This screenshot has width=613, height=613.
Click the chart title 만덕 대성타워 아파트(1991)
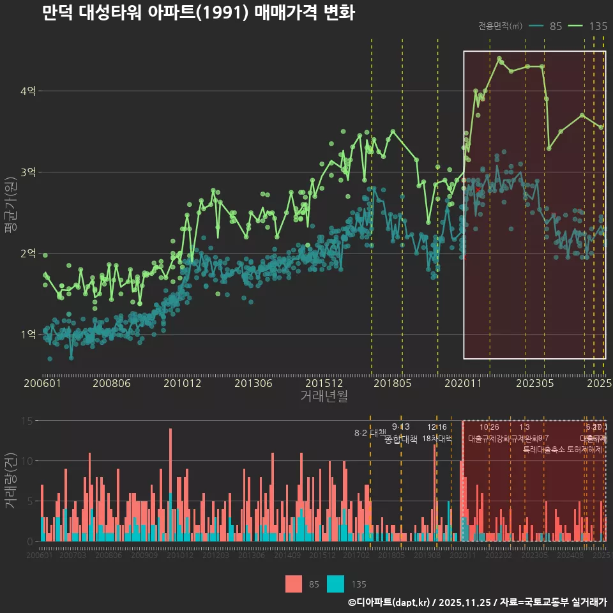(198, 12)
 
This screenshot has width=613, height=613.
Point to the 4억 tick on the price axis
(27, 91)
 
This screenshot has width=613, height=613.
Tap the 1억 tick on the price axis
(27, 334)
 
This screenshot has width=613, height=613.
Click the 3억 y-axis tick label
(27, 172)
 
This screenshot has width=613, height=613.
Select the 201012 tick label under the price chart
(183, 383)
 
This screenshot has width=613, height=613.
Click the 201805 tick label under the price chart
(391, 383)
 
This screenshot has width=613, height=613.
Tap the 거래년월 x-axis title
(324, 396)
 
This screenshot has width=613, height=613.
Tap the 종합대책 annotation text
(400, 439)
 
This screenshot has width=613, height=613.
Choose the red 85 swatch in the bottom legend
(293, 584)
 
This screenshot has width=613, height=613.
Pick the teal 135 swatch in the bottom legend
(335, 584)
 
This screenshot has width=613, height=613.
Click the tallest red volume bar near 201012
(170, 485)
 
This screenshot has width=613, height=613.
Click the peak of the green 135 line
(499, 58)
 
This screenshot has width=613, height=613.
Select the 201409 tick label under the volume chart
(287, 556)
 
